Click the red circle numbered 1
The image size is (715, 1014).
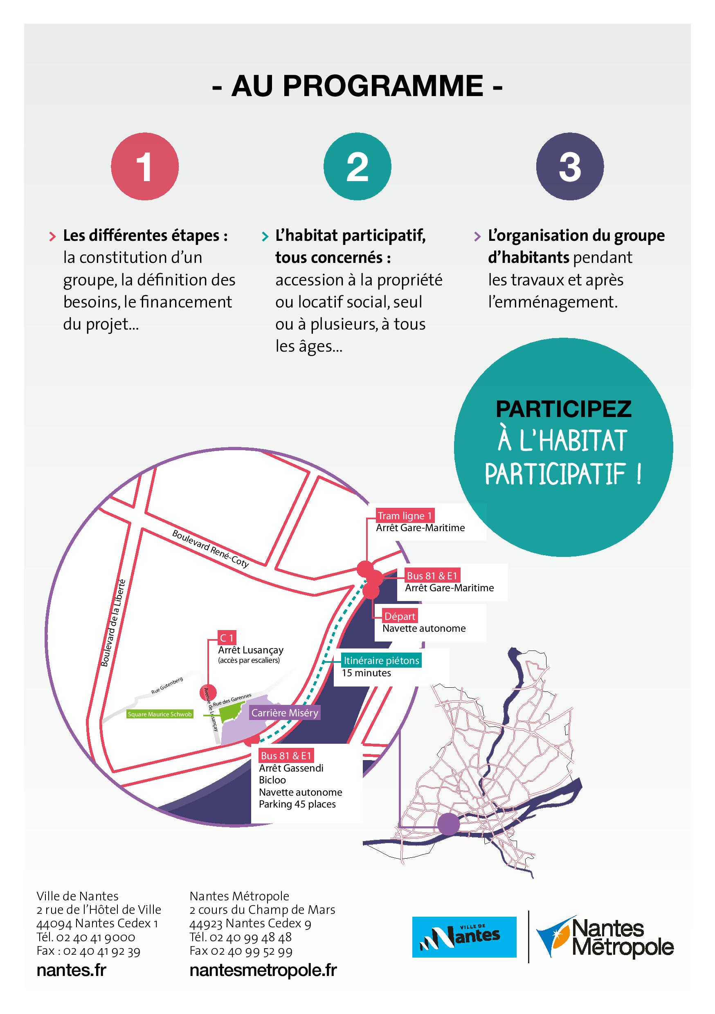tap(144, 166)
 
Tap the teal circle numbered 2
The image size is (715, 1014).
tap(357, 166)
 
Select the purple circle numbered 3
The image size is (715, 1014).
tap(570, 166)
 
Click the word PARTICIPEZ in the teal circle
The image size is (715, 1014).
tap(563, 409)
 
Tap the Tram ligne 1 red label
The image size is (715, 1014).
tap(405, 516)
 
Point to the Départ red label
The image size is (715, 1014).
tap(400, 616)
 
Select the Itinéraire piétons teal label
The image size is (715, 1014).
tap(381, 660)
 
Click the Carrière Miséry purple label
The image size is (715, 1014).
tap(285, 713)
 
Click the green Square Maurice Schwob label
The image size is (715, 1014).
tap(160, 714)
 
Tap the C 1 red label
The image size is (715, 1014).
tap(227, 638)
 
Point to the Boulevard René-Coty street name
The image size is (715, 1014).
tap(210, 549)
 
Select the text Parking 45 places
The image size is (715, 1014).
tap(297, 804)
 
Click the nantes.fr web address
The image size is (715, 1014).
tap(72, 970)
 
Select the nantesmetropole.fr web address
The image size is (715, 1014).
tap(263, 970)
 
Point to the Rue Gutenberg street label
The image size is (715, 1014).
tap(167, 686)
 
